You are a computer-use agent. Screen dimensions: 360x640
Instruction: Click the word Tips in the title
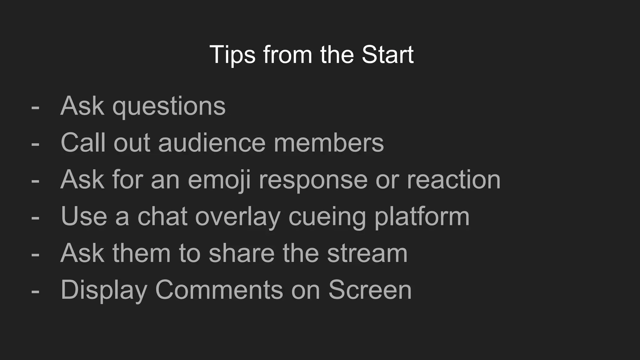[232, 55]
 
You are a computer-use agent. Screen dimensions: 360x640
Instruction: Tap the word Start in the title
[387, 55]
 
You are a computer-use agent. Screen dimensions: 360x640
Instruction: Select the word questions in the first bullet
[169, 107]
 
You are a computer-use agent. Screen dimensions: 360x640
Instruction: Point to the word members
[328, 143]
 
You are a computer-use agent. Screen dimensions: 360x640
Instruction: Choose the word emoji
[219, 180]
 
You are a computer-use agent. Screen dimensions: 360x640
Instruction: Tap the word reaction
[454, 180]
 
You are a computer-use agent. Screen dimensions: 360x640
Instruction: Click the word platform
[422, 217]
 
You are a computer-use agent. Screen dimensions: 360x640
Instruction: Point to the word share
[242, 253]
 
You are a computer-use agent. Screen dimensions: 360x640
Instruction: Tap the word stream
[367, 253]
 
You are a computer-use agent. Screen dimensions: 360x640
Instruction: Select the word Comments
[219, 290]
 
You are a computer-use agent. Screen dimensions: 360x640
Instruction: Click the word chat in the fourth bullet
[162, 217]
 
